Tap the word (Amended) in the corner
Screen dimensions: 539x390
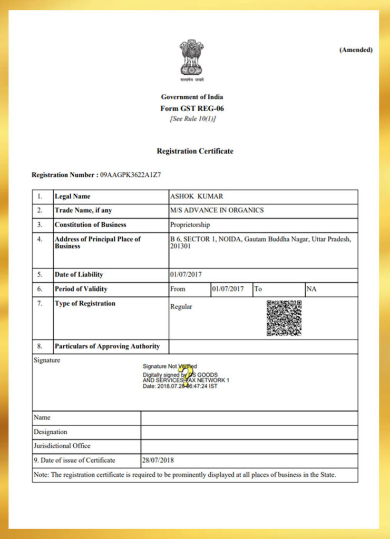[x=356, y=50]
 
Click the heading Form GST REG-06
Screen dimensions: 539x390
[x=192, y=108]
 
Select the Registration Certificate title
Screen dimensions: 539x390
[x=195, y=151]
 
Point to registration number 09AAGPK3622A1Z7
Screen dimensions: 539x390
[x=131, y=175]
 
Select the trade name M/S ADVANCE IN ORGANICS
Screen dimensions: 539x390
[x=217, y=210]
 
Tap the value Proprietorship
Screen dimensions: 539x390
[x=190, y=225]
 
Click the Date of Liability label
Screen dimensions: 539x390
[x=79, y=274]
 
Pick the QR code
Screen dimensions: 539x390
[x=284, y=318]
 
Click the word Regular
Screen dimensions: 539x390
[x=181, y=306]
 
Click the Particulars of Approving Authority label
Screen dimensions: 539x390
[x=107, y=346]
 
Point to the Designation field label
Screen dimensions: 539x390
[x=51, y=432]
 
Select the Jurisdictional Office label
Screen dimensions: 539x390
[x=62, y=446]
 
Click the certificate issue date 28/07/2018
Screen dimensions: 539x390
[x=158, y=461]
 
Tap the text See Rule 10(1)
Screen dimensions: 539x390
[x=192, y=119]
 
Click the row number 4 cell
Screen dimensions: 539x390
[x=40, y=239]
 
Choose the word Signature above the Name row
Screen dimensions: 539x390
[x=47, y=361]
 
